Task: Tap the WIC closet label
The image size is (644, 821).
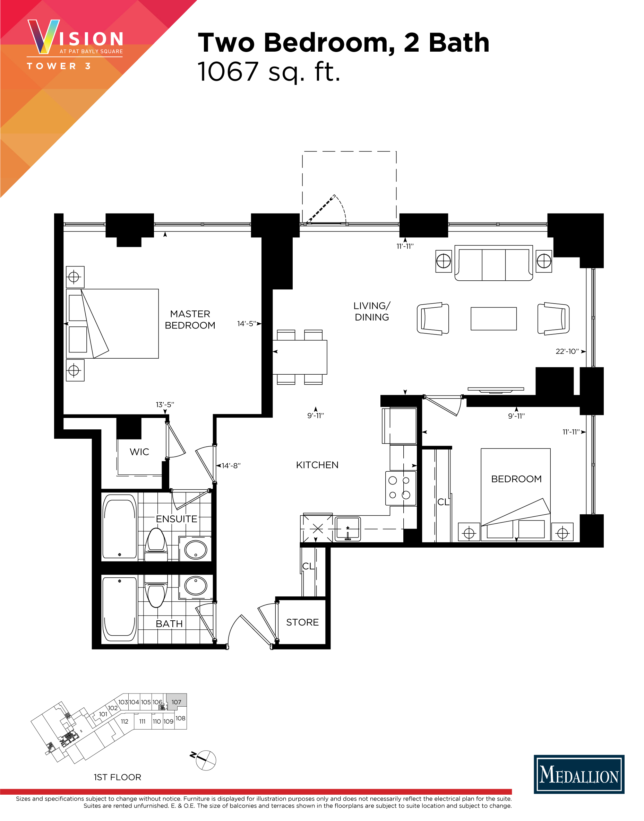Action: pos(139,452)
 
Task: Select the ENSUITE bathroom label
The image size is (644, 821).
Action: pos(177,519)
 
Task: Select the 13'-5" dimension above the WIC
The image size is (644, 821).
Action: pos(165,405)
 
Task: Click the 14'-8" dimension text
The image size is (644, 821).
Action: pos(231,466)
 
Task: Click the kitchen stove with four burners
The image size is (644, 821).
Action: pos(401,488)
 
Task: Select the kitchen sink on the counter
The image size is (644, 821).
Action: pos(347,529)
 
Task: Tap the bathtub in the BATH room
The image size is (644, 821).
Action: pos(119,609)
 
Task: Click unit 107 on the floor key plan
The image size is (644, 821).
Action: pos(177,702)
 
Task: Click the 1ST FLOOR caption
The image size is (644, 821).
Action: pos(117,777)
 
